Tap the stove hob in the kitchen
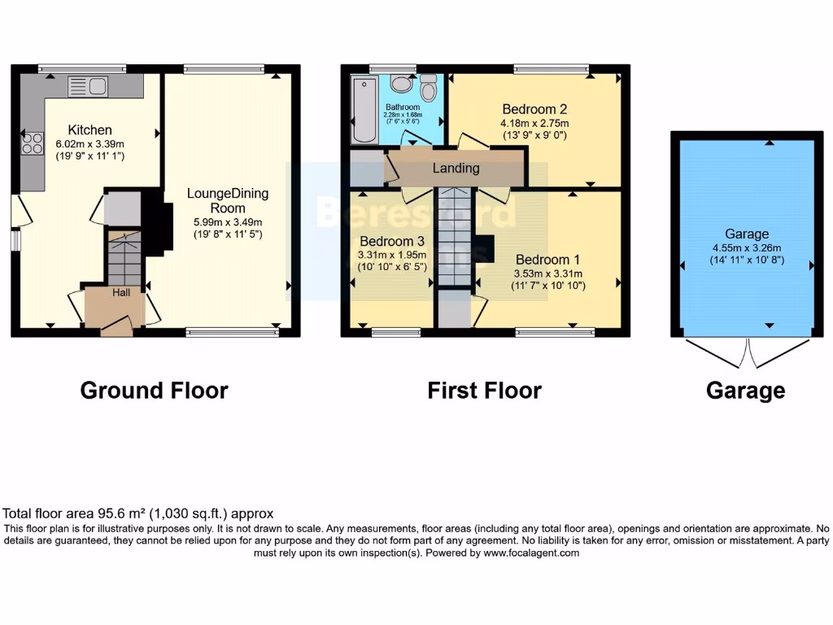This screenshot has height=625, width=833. (33, 143)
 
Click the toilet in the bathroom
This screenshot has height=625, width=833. (430, 86)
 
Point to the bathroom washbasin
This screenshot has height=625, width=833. (400, 83)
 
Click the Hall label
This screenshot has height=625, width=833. (120, 292)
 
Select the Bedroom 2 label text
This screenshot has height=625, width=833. (534, 109)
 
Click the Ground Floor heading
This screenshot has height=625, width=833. (154, 391)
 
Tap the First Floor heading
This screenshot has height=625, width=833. (484, 391)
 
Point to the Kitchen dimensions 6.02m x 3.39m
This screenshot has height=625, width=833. (89, 143)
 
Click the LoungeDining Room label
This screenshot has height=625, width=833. (227, 200)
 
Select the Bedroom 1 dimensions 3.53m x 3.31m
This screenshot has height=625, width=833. (548, 274)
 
